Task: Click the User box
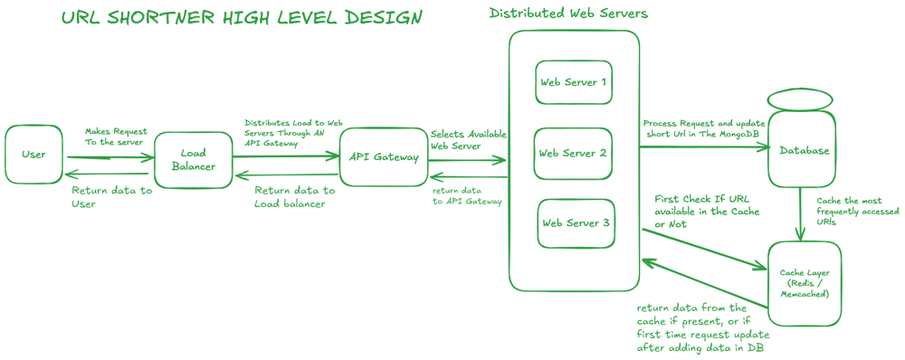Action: coord(33,155)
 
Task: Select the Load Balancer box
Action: coord(193,160)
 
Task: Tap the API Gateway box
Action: coord(384,156)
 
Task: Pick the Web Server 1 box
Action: coord(574,82)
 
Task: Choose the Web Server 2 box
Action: coord(573,153)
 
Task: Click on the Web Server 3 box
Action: coord(576,223)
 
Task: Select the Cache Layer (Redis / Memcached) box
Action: coord(805,283)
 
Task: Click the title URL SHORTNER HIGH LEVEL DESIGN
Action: coord(241,19)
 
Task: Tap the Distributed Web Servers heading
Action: coord(568,14)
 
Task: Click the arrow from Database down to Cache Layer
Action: coord(801,213)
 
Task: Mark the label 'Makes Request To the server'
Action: coord(116,137)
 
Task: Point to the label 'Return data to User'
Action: coord(111,197)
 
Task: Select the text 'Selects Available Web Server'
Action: coord(468,139)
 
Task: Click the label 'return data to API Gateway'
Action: coord(467,195)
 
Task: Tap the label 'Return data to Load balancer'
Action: coord(294,197)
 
